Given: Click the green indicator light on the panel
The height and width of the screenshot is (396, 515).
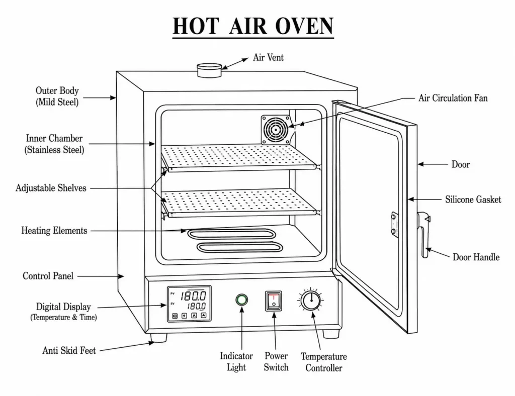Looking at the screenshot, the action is click(x=242, y=300).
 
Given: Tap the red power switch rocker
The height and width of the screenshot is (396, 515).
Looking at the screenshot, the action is click(x=273, y=301).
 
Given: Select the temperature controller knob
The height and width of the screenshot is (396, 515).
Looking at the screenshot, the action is click(x=311, y=300).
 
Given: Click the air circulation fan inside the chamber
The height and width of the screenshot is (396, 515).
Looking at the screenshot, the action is click(x=276, y=130).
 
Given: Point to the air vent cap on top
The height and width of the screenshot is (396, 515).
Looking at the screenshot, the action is click(x=209, y=70).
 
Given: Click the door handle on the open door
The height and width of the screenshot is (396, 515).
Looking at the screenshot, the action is click(x=424, y=235).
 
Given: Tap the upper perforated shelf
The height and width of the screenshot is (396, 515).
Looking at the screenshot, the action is click(x=239, y=157).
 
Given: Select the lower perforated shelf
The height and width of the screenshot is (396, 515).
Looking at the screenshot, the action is click(x=239, y=203).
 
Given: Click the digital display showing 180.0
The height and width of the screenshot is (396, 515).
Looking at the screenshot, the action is click(x=189, y=304).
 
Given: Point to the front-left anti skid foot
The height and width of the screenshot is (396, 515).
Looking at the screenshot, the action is click(x=158, y=338).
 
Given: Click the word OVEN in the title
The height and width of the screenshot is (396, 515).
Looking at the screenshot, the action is click(x=304, y=26).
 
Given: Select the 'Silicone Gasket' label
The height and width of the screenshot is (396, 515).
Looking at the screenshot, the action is click(x=473, y=200).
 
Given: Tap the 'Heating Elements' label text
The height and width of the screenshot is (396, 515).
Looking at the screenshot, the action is click(x=54, y=231).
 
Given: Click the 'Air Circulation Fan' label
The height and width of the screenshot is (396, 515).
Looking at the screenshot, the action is click(x=453, y=98).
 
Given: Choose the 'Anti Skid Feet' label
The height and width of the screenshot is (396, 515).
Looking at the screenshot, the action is click(x=69, y=350).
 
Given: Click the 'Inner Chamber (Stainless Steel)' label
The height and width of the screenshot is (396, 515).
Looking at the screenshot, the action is click(x=54, y=144).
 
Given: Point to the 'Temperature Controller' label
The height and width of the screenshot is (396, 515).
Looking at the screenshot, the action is click(x=324, y=362).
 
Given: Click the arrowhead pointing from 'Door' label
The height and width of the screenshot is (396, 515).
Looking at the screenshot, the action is click(x=421, y=164).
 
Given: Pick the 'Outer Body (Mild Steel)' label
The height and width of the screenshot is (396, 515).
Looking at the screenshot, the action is click(x=57, y=96).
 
